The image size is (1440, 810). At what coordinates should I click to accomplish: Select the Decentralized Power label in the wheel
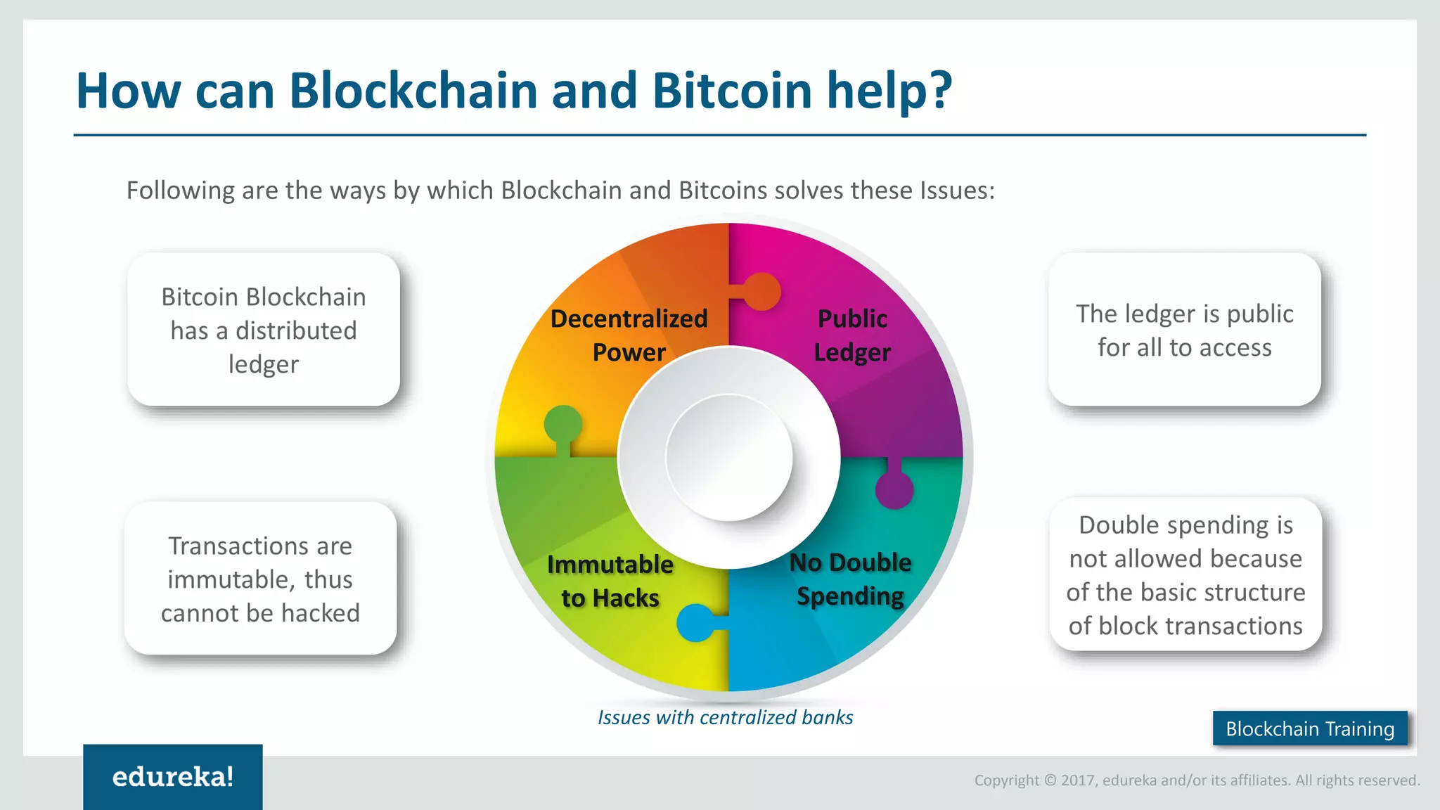[629, 335]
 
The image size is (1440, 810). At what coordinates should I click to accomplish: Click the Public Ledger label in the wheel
[852, 335]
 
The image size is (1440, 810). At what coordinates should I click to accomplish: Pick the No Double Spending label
[850, 579]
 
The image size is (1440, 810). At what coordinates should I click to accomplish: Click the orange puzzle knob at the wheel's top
[761, 291]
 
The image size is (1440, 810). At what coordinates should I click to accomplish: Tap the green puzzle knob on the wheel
[563, 425]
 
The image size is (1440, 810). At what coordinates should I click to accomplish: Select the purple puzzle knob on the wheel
[894, 489]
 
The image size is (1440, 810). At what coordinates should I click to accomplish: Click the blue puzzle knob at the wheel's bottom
[696, 623]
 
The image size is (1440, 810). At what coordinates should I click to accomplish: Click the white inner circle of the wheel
[729, 457]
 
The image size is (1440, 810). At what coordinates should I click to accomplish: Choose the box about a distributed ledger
[264, 330]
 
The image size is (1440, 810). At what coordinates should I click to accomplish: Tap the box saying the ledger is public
[1185, 330]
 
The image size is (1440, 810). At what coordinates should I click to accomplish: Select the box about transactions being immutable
[261, 579]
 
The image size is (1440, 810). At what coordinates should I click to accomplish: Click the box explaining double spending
[1186, 575]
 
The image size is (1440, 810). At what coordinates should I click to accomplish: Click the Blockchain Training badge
[1309, 728]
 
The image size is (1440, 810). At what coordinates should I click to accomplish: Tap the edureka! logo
[173, 777]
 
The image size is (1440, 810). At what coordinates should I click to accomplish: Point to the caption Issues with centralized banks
[725, 717]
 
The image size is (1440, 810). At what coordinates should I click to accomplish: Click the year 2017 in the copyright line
[1079, 780]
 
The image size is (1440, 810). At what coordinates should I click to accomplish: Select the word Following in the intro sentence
[181, 191]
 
